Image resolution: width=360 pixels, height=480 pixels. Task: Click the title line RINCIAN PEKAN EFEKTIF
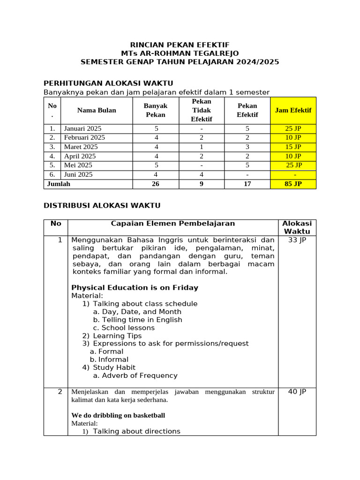click(180, 45)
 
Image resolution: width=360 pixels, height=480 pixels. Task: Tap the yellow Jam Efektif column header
click(293, 110)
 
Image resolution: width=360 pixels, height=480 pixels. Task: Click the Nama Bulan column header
click(97, 110)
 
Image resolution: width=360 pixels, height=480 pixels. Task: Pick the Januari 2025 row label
click(82, 128)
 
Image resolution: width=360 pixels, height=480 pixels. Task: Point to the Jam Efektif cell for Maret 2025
click(293, 147)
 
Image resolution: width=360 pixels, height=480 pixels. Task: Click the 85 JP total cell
click(293, 184)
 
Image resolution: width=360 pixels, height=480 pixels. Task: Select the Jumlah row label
click(59, 184)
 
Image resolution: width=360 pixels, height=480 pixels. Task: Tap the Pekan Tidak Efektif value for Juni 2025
click(201, 174)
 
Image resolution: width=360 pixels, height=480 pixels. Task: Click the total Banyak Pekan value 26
click(155, 184)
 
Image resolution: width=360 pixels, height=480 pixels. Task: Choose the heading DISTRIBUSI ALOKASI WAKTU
click(102, 205)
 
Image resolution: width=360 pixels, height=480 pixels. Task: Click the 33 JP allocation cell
click(297, 240)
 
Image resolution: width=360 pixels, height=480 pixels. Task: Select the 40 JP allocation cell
click(297, 392)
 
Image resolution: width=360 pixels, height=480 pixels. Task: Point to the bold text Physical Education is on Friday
click(135, 288)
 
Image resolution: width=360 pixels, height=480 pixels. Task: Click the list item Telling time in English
click(137, 320)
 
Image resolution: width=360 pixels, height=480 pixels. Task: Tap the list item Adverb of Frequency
click(135, 375)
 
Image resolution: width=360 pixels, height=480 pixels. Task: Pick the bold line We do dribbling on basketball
click(118, 415)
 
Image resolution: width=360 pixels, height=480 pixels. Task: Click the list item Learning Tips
click(117, 336)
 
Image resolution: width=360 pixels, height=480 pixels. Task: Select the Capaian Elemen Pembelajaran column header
click(172, 224)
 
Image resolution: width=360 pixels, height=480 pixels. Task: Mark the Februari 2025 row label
click(84, 137)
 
